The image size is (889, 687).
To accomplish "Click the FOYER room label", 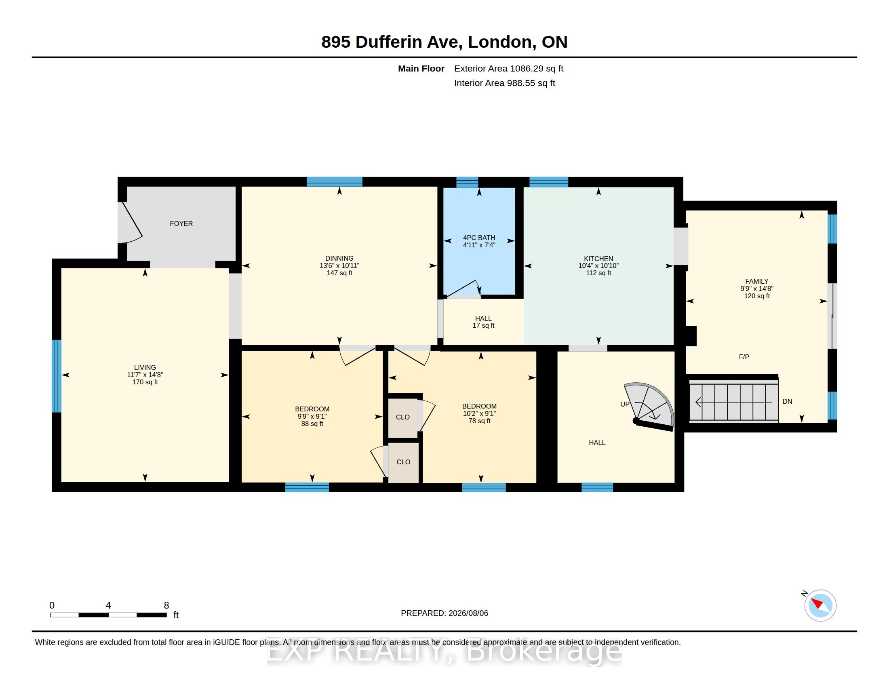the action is (181, 223).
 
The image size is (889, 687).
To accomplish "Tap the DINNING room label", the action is (339, 258).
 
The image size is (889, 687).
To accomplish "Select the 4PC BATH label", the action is (479, 238).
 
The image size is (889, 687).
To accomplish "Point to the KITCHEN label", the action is (598, 259).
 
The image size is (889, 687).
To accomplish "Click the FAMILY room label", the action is (757, 281).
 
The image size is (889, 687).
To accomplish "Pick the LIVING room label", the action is (145, 367).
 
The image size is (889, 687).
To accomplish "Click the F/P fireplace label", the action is (744, 357).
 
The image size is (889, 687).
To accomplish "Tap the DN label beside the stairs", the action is (787, 401).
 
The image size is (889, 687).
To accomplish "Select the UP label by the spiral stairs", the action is (624, 404).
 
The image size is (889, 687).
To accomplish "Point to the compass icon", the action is (820, 605).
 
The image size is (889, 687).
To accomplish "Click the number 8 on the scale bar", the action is (166, 605).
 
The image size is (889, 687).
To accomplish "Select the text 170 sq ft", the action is (145, 382).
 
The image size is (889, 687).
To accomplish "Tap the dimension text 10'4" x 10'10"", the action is (598, 266).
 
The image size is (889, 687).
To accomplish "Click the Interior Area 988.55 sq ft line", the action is (504, 83).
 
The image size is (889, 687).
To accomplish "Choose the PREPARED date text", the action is (444, 613).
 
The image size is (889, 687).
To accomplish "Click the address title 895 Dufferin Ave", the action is (392, 42).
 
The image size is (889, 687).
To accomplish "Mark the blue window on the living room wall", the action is (57, 376).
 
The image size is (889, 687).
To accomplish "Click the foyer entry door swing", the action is (131, 222).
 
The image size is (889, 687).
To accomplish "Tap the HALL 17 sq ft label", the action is (483, 322).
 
